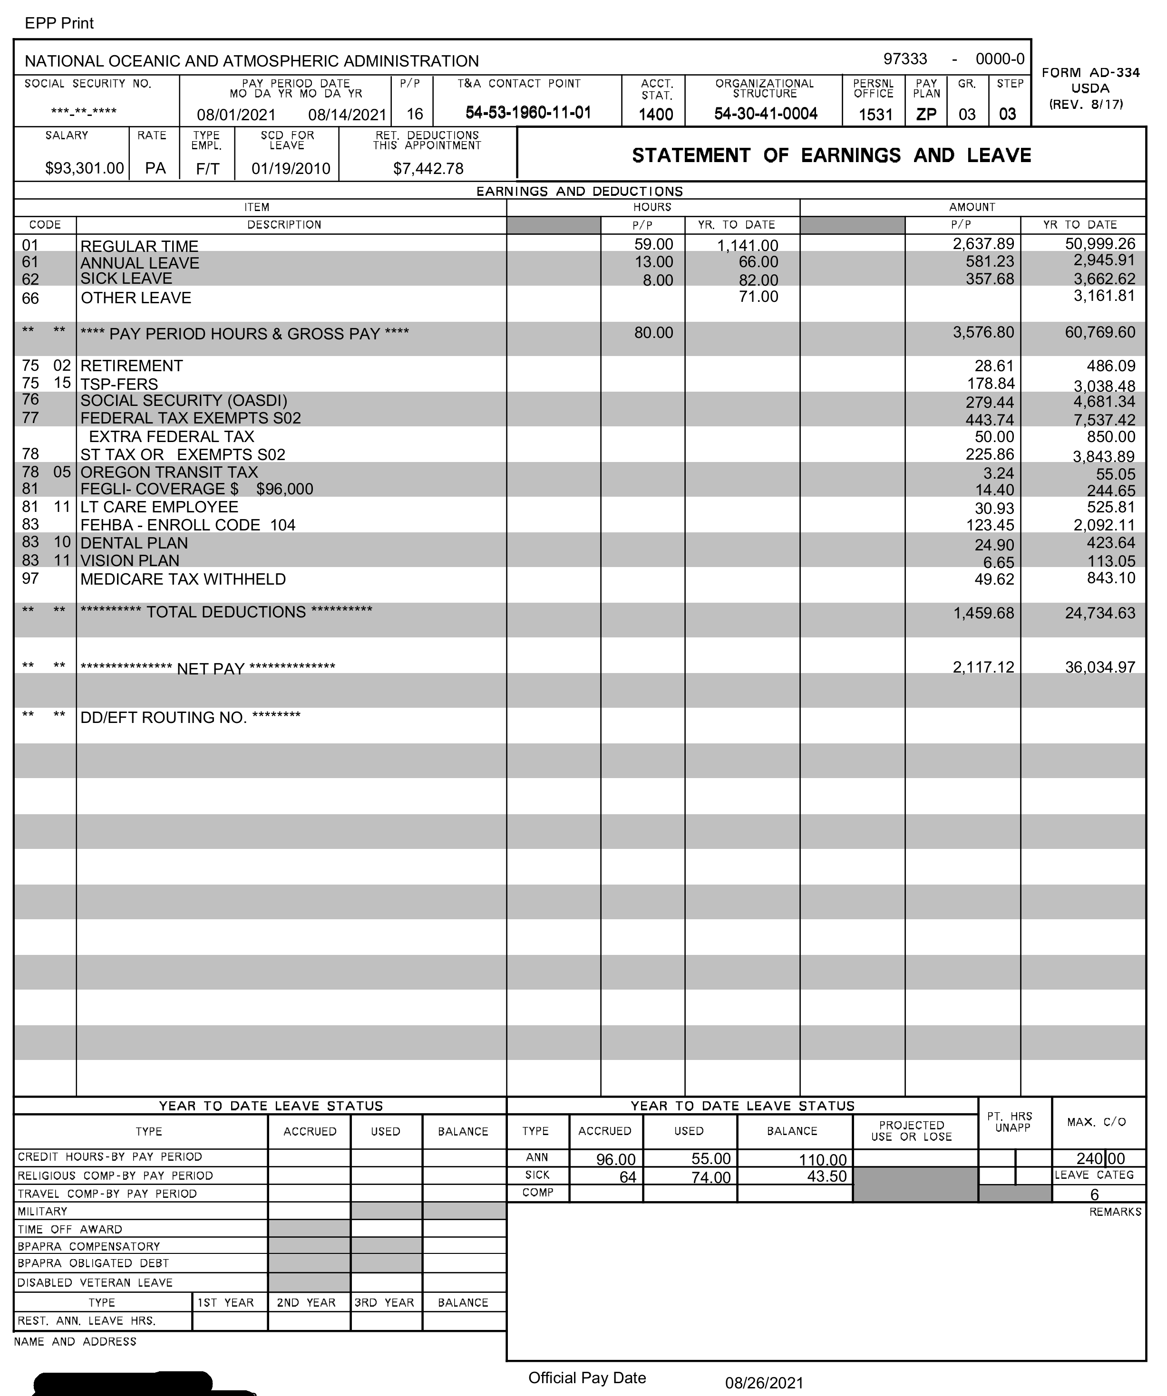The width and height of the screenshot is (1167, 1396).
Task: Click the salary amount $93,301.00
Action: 85,168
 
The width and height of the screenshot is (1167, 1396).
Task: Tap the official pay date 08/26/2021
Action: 764,1383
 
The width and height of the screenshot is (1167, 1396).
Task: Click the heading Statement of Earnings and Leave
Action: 831,155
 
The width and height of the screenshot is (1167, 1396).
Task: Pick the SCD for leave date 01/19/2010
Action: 291,168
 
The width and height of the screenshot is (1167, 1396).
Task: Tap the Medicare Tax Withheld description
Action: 183,579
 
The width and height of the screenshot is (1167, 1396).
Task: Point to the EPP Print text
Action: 59,23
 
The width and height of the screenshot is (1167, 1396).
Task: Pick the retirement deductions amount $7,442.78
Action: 428,169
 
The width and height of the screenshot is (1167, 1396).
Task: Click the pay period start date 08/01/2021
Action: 236,115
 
